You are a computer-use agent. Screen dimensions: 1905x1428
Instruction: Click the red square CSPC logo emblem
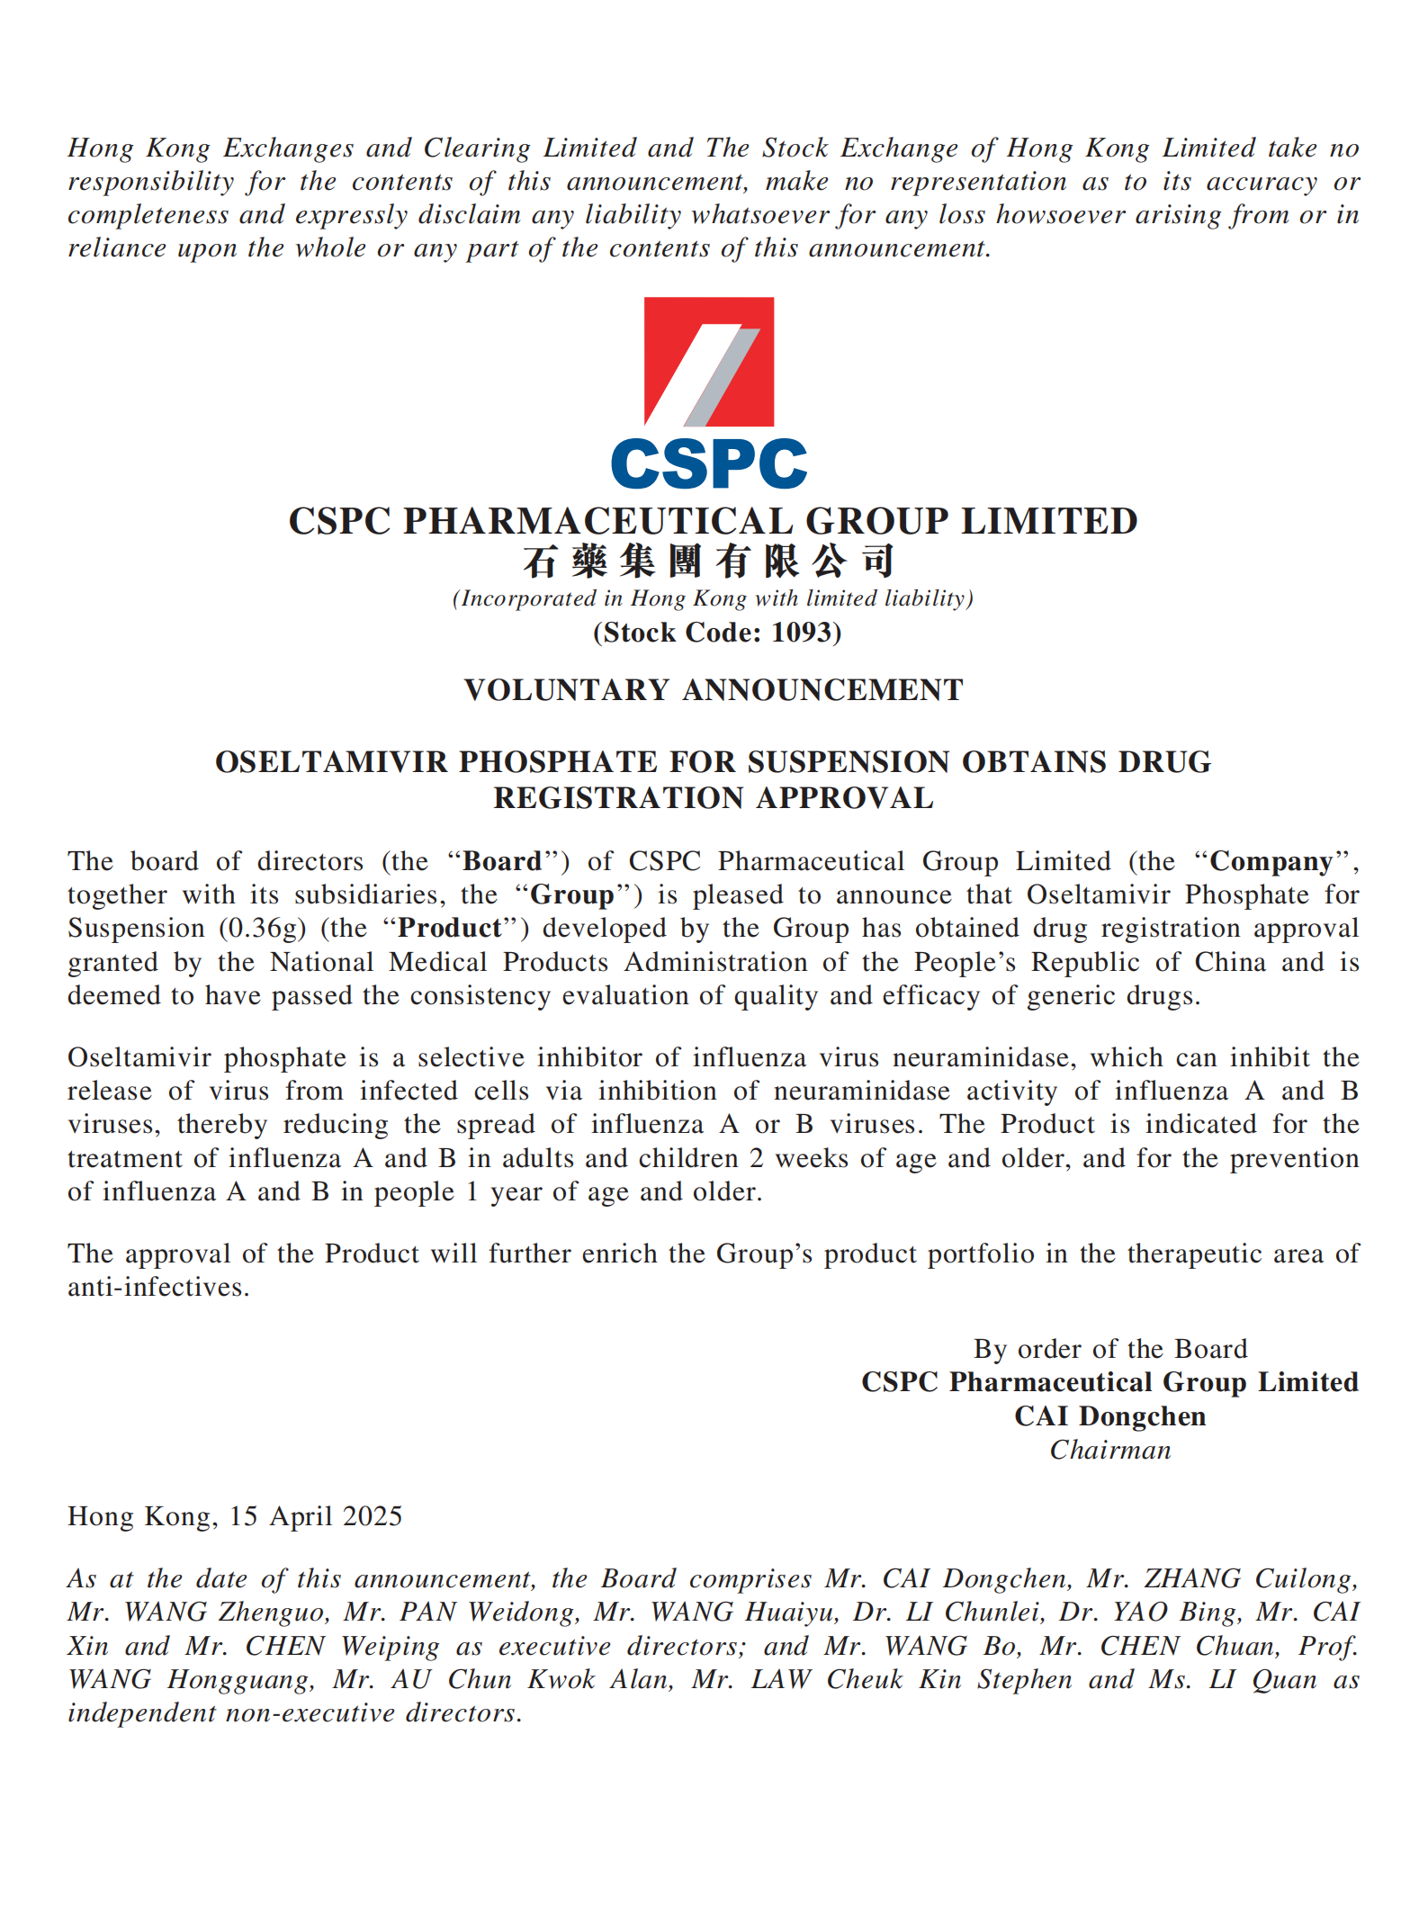tap(709, 362)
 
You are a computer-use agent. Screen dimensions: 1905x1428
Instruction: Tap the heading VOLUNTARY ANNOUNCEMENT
tap(714, 690)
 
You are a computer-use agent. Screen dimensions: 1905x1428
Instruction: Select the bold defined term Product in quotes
tap(450, 929)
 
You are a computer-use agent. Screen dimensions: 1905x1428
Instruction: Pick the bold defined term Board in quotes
tap(502, 862)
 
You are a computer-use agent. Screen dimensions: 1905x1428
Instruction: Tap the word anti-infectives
tap(157, 1288)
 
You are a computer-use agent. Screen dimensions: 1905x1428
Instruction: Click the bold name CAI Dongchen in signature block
tap(1110, 1416)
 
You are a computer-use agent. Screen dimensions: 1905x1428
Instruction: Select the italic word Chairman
tap(1110, 1451)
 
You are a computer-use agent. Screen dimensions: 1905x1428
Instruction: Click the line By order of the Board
tap(1110, 1349)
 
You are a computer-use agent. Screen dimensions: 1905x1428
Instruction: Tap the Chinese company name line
tap(709, 562)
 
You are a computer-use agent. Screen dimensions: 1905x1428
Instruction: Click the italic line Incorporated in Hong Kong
tap(713, 599)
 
